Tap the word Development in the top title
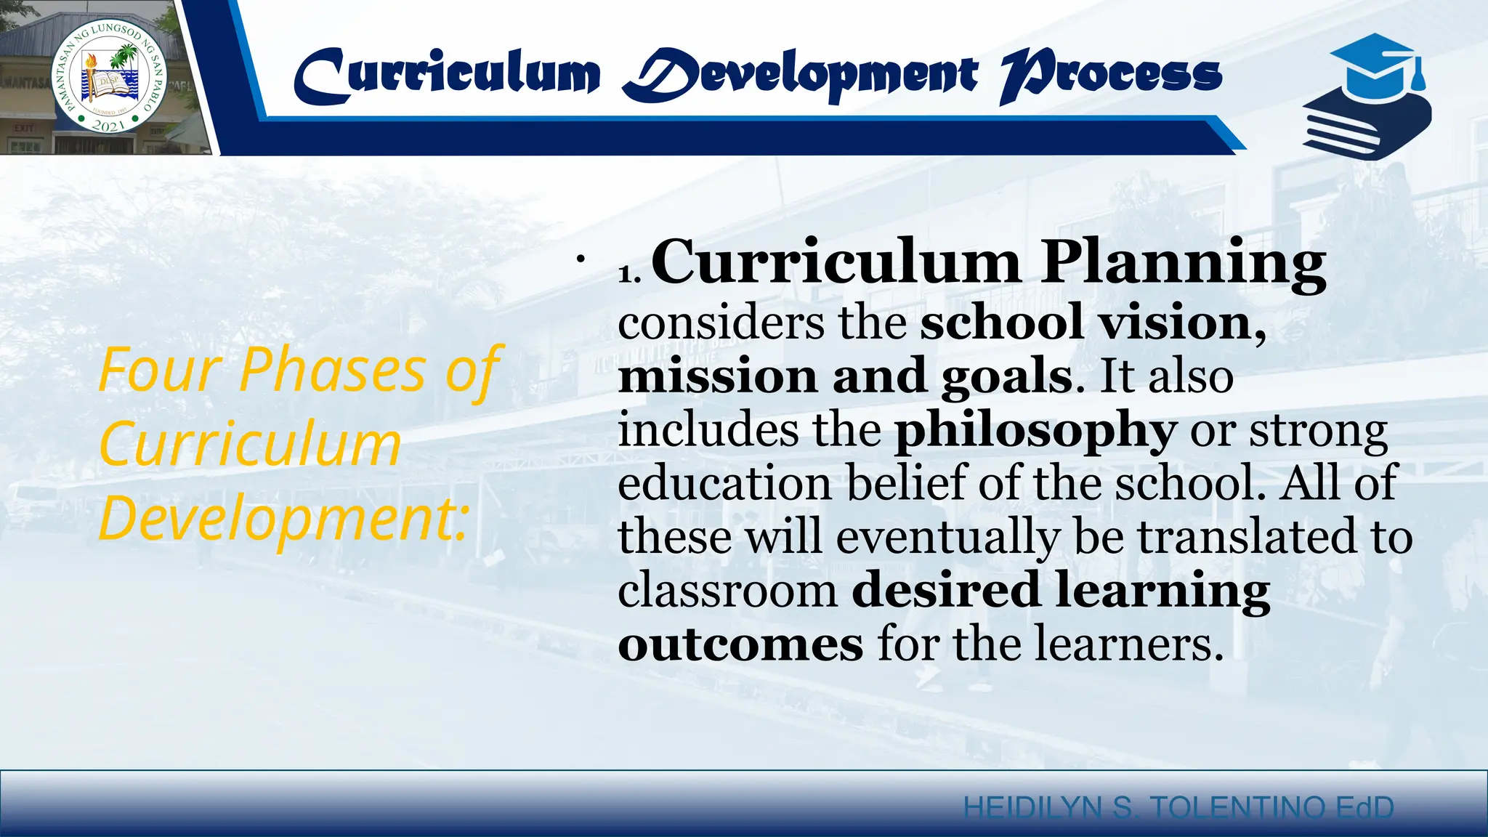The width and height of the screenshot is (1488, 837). point(799,76)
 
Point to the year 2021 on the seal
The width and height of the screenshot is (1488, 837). point(110,125)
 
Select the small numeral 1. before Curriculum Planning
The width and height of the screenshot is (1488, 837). point(629,274)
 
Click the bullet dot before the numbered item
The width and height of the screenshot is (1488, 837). point(580,259)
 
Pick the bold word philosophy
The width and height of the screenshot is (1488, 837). point(1035,431)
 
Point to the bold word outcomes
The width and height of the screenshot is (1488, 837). point(740,645)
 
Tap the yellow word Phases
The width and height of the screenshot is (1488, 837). point(332,371)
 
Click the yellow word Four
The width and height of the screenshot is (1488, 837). point(160,371)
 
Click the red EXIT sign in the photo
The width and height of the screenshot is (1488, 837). point(24,128)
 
